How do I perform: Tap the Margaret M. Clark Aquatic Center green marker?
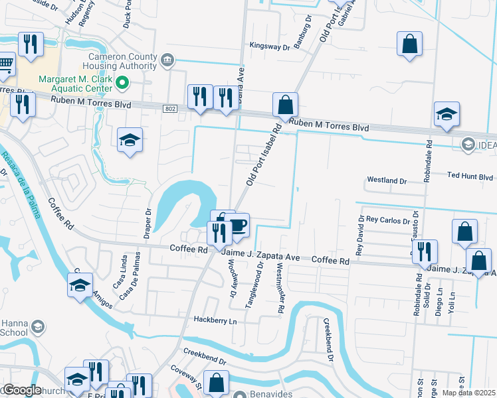[x=122, y=83]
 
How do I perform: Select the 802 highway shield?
[x=170, y=108]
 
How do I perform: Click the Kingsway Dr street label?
[x=270, y=46]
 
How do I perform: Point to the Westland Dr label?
[x=387, y=180]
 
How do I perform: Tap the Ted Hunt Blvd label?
[x=470, y=177]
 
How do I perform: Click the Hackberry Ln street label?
[x=215, y=320]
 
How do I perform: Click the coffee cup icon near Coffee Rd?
[x=238, y=226]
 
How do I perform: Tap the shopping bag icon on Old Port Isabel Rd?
[x=285, y=105]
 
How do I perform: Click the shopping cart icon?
[x=5, y=64]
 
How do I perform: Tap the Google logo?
[x=21, y=390]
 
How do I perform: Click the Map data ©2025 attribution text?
[x=468, y=393]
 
